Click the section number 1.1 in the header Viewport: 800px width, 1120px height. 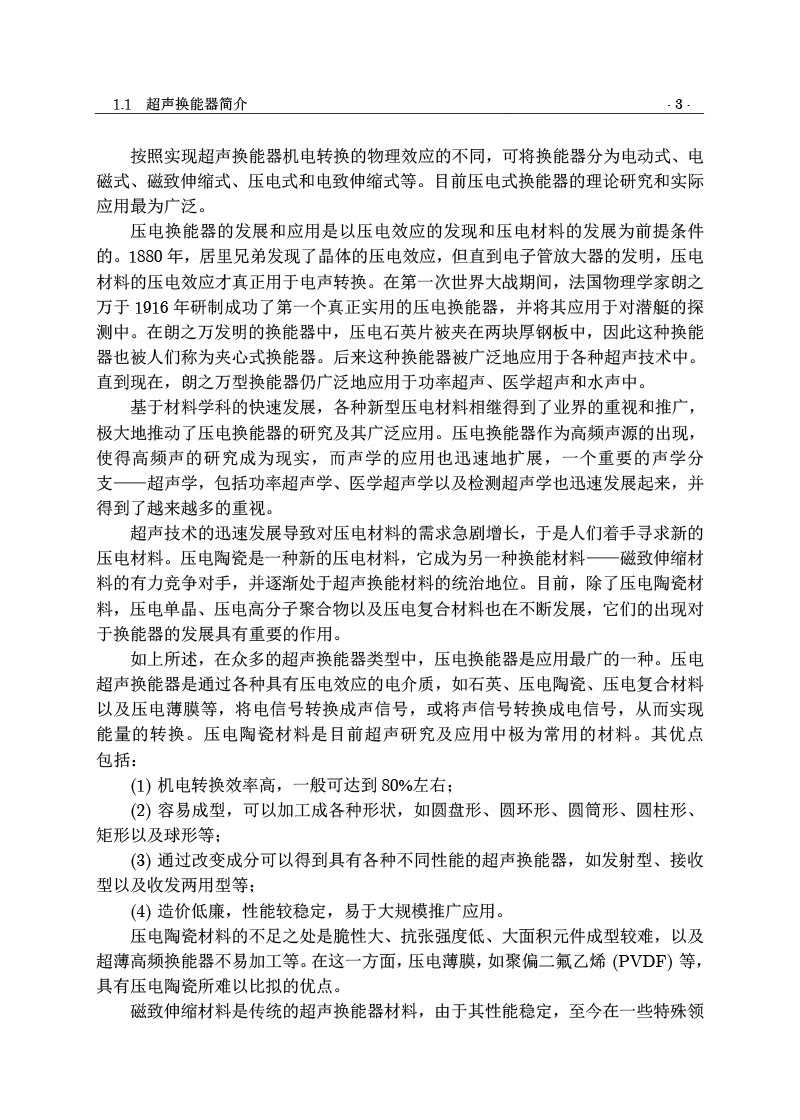point(123,104)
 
